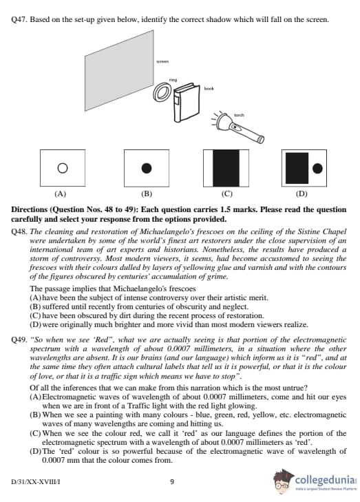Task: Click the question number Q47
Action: (x=19, y=19)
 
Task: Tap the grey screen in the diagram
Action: (x=119, y=70)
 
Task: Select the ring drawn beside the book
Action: (x=163, y=91)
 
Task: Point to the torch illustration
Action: (x=237, y=127)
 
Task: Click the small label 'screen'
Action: (x=162, y=61)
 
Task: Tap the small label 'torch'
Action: (x=239, y=115)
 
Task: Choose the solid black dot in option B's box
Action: (x=146, y=168)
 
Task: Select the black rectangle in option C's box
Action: (x=226, y=168)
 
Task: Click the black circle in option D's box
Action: (x=317, y=168)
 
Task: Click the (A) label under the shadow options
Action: (x=60, y=194)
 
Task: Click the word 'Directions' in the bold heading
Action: (x=29, y=210)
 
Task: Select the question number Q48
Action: (x=19, y=231)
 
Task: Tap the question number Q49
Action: (x=19, y=339)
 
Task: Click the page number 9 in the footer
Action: (x=172, y=481)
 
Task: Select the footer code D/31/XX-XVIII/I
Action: (x=36, y=481)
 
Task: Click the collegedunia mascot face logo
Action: (x=283, y=480)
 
